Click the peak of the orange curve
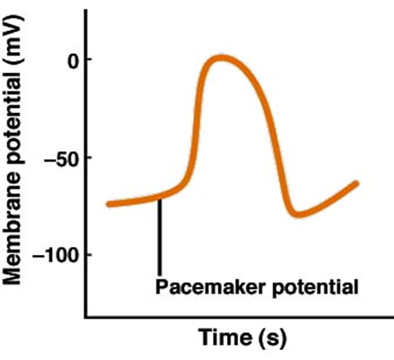pos(220,59)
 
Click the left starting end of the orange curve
pos(108,204)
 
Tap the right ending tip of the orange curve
pos(356,183)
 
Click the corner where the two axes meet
pos(87,315)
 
